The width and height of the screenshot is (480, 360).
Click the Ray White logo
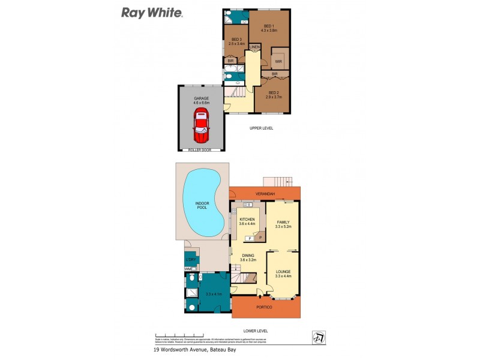point(152,12)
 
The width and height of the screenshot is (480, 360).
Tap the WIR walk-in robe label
point(278,61)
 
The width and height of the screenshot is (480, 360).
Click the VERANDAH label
point(265,194)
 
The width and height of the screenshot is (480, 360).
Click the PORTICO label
point(265,307)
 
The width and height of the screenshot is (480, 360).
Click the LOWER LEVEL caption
point(256,331)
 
